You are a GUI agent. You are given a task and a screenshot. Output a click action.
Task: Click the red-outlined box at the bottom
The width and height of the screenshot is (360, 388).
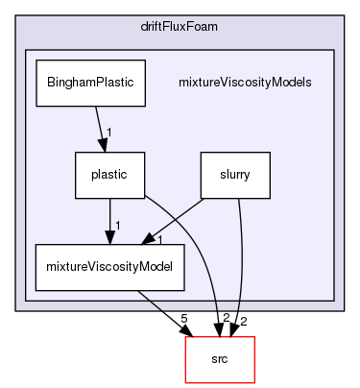coord(219,360)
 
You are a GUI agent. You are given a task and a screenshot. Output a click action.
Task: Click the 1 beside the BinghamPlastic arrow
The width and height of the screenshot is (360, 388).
coord(110,132)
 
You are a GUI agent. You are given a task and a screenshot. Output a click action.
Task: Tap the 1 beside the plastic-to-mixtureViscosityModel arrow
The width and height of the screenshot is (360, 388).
coord(117,225)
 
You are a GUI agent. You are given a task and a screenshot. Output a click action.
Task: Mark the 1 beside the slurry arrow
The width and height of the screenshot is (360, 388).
coord(160,236)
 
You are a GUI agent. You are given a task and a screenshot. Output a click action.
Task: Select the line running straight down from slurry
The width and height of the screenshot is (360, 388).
coord(240,259)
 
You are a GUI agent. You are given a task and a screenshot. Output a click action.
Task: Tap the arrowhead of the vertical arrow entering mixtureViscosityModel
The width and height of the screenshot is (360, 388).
coord(109,240)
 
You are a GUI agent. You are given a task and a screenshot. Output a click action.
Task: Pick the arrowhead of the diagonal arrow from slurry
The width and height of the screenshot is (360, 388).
coord(154,242)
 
